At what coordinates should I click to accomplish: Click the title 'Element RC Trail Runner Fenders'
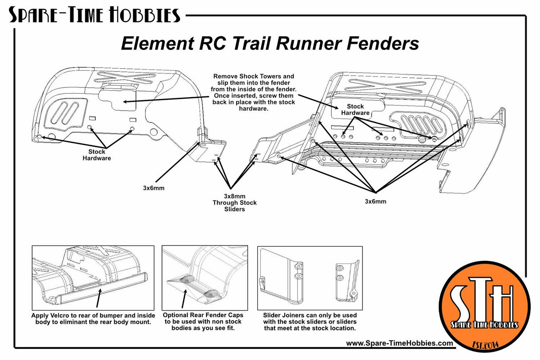pos(270,44)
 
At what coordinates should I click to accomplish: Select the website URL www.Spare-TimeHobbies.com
pos(399,343)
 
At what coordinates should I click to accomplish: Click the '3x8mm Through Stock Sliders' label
pos(235,203)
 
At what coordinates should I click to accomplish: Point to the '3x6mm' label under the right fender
pos(376,201)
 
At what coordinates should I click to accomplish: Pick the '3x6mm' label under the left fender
pos(154,188)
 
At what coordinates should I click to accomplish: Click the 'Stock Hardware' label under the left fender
pos(97,155)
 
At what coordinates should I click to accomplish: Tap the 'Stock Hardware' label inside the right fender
pos(355,110)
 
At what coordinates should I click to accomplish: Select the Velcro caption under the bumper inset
pos(93,319)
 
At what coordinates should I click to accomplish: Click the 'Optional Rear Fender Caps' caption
pos(203,321)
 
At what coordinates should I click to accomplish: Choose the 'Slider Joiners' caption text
pos(310,321)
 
